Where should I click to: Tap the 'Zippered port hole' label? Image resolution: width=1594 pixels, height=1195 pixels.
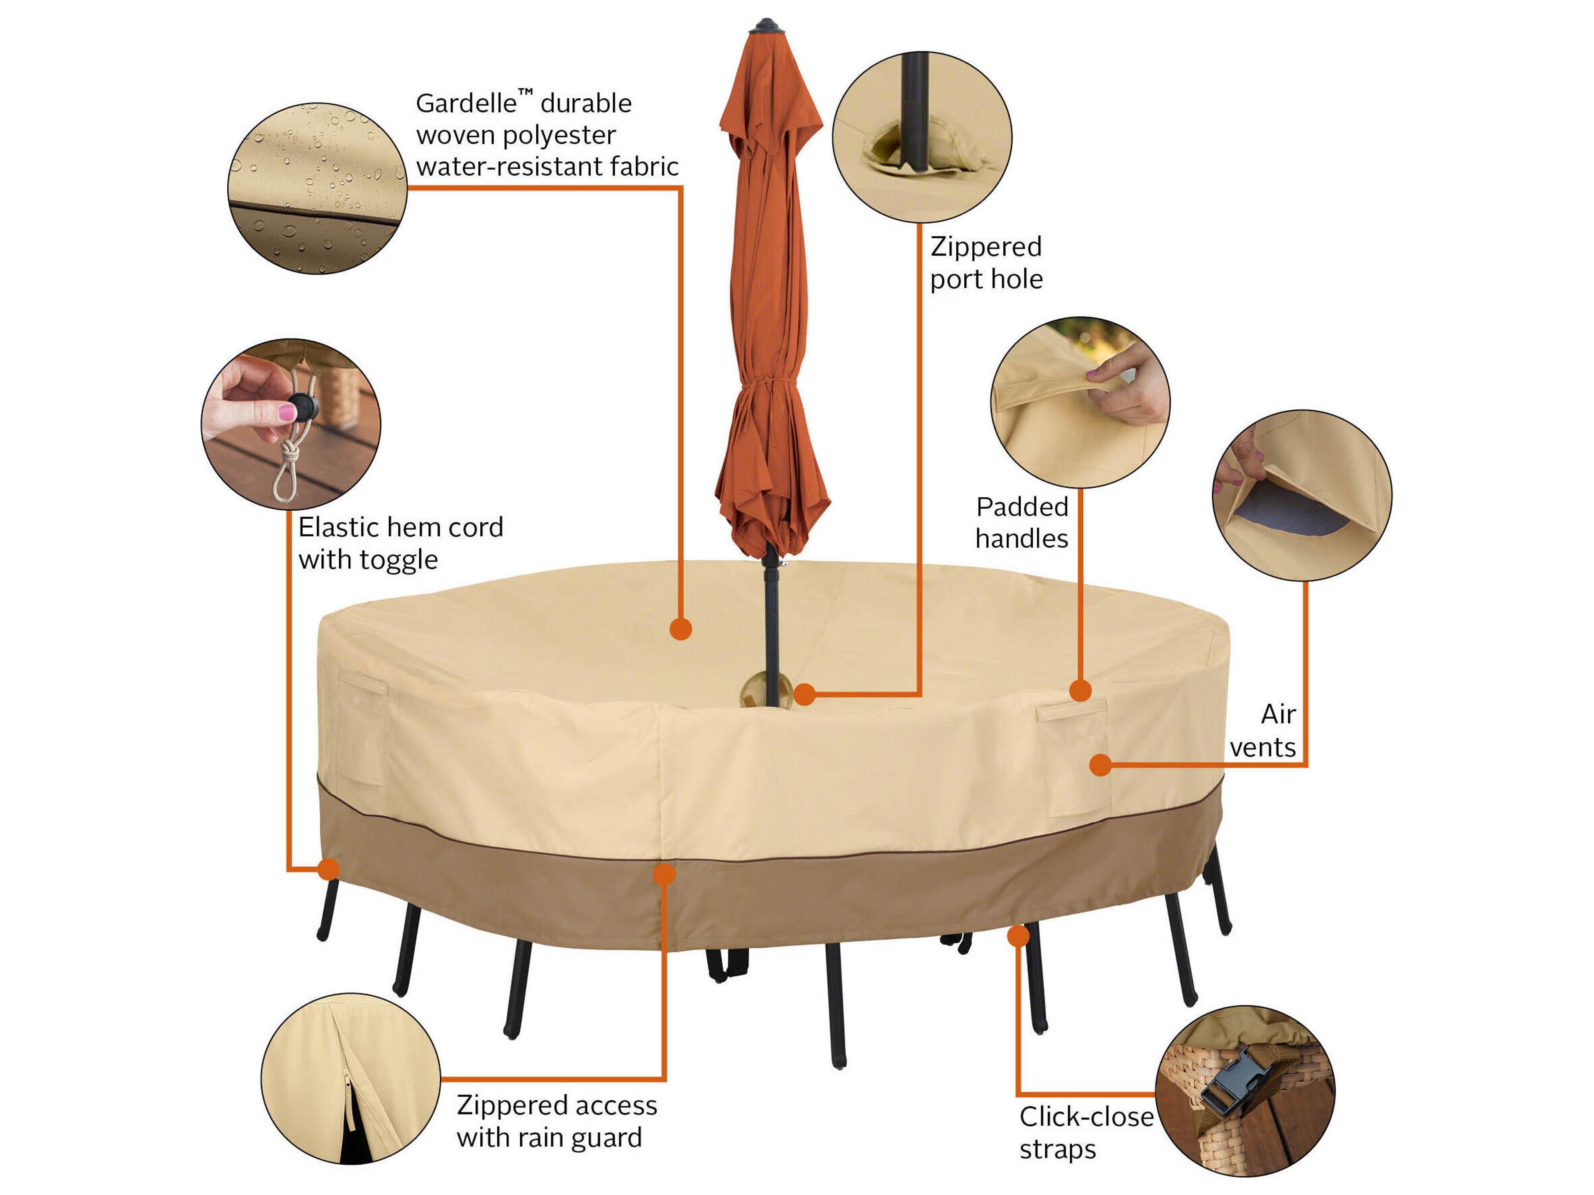pos(986,262)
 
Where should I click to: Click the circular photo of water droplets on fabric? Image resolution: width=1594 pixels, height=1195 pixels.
pos(317,188)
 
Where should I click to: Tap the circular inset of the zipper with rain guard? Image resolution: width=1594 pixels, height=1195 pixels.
pos(350,1078)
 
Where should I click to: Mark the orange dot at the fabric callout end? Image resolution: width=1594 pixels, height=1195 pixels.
pos(680,629)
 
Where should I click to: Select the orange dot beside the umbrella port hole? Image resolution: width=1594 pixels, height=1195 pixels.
pos(804,694)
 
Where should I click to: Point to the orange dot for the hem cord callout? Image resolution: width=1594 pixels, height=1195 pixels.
pos(329,869)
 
